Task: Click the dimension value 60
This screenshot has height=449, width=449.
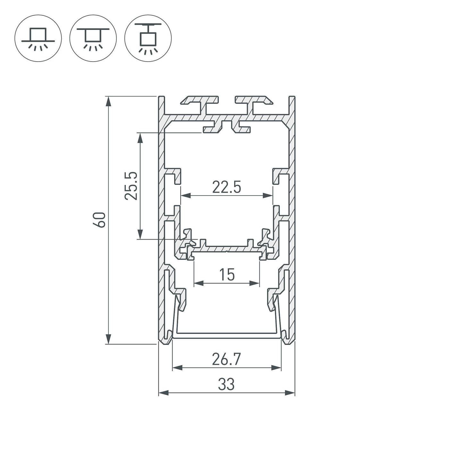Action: (101, 220)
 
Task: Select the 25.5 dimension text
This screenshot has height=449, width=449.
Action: (131, 186)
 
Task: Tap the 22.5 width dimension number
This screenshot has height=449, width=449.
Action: (226, 187)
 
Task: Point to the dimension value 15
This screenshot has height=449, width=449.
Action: (227, 275)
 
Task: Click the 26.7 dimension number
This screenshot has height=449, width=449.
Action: (226, 360)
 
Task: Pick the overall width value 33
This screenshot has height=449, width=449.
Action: (226, 384)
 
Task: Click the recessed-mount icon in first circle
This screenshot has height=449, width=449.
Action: (38, 38)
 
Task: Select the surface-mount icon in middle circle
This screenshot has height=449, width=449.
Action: (93, 38)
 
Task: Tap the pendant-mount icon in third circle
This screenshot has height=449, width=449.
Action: (148, 38)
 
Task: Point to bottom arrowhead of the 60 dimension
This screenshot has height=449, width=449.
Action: (109, 339)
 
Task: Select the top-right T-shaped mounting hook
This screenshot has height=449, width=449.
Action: (253, 102)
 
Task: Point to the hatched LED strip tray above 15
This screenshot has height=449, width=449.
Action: (226, 249)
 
